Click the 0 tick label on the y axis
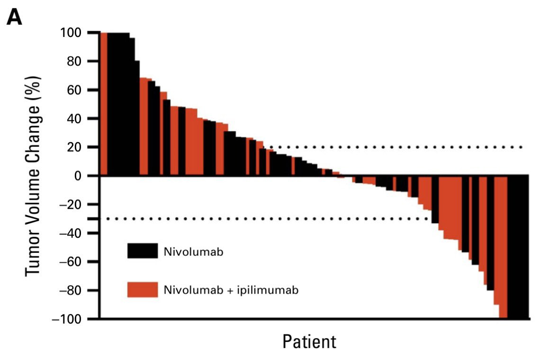[84, 176]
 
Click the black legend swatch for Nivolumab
[142, 251]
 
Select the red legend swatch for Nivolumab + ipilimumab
[142, 290]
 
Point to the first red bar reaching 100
[104, 104]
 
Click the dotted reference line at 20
[403, 147]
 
